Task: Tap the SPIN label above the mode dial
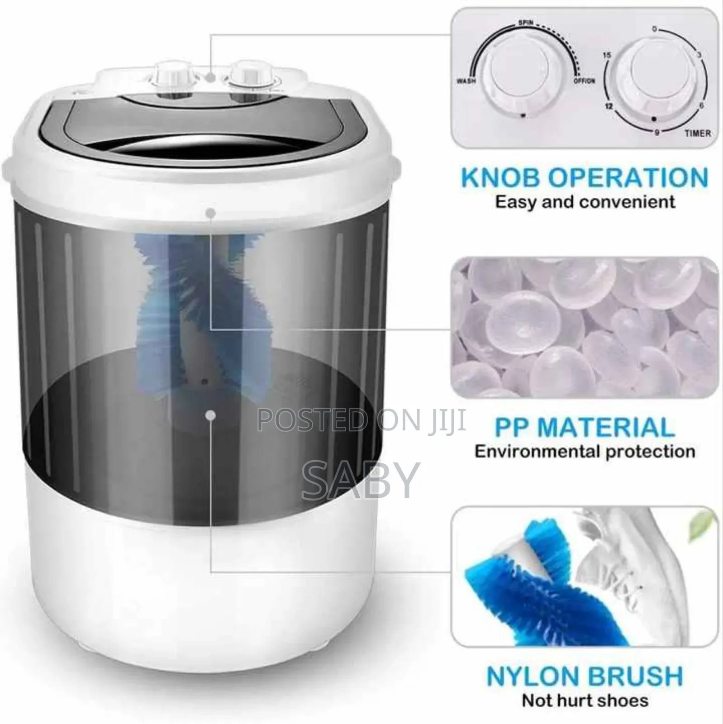point(525,22)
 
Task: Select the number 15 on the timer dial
point(607,55)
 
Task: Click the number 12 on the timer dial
point(609,106)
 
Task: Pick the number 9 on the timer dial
point(656,132)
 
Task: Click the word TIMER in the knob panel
point(697,133)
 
